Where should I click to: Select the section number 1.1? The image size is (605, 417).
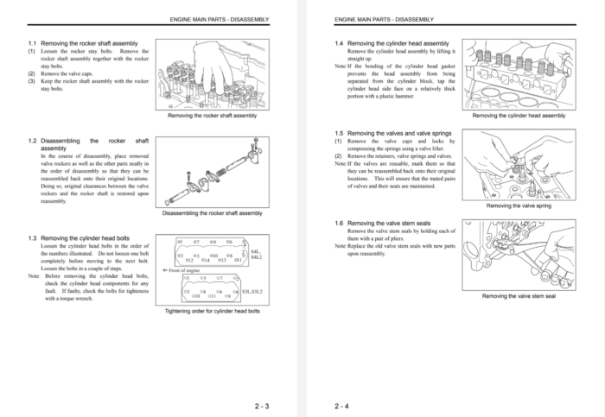pyautogui.click(x=32, y=43)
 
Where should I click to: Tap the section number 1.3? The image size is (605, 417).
pyautogui.click(x=32, y=237)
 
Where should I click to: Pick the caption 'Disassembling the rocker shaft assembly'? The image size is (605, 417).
pyautogui.click(x=212, y=212)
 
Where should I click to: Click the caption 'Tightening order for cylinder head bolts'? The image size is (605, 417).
pyautogui.click(x=212, y=311)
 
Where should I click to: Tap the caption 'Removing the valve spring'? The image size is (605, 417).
pyautogui.click(x=519, y=206)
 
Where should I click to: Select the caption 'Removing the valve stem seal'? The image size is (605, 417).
pyautogui.click(x=519, y=296)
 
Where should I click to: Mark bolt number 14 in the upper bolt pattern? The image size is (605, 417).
pyautogui.click(x=206, y=260)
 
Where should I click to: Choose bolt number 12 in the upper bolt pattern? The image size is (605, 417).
pyautogui.click(x=190, y=260)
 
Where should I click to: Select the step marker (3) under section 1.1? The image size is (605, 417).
pyautogui.click(x=31, y=81)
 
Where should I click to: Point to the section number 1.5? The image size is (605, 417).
pyautogui.click(x=339, y=132)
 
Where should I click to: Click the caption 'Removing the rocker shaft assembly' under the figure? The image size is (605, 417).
pyautogui.click(x=212, y=115)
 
